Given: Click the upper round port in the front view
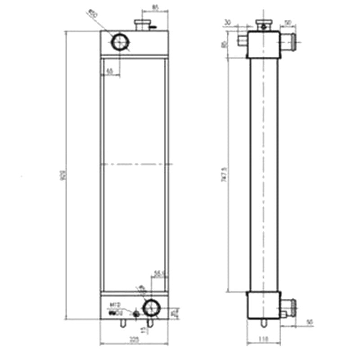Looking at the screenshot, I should tap(120, 42).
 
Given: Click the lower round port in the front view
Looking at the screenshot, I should tap(151, 308).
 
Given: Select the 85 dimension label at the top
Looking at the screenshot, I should tap(155, 7).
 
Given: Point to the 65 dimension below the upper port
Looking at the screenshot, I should tap(109, 71).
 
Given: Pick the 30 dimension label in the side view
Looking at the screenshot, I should tap(228, 22).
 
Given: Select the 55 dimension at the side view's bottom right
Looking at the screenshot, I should tap(309, 322).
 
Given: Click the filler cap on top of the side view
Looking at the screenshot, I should tap(263, 23).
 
